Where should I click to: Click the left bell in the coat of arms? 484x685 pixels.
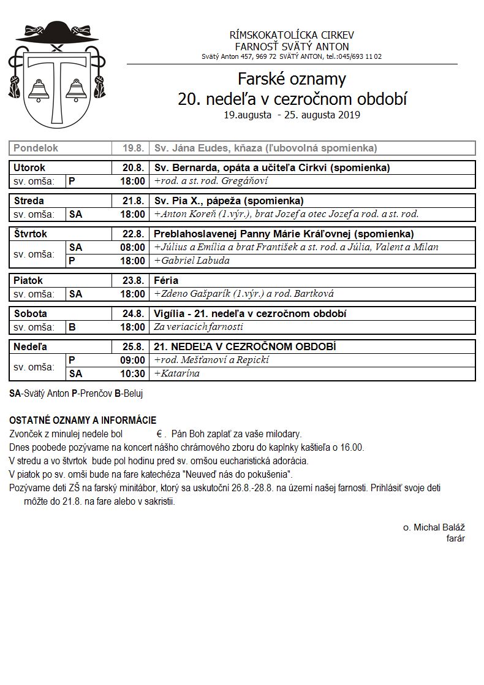click(40, 90)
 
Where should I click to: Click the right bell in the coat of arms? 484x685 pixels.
click(77, 90)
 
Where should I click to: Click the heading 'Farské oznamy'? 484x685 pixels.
click(292, 79)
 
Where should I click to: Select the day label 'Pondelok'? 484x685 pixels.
click(36, 148)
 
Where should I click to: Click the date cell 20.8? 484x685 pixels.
click(133, 167)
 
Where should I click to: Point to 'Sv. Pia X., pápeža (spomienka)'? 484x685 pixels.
click(229, 201)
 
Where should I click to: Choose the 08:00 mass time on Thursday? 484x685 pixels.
click(133, 247)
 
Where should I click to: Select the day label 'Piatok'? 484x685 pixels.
click(28, 280)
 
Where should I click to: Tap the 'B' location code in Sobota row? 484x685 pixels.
click(72, 327)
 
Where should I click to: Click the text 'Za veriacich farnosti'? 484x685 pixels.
click(199, 327)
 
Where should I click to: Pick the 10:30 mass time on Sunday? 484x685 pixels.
click(133, 373)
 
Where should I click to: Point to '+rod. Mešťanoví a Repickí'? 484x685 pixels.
click(211, 360)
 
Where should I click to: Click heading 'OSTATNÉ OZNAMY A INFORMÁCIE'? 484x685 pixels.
click(83, 420)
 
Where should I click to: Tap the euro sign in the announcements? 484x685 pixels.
click(159, 434)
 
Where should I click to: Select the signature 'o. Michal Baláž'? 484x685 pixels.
click(434, 527)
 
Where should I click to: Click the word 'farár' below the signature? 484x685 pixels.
click(455, 538)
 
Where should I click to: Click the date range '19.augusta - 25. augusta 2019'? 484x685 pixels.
click(292, 115)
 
